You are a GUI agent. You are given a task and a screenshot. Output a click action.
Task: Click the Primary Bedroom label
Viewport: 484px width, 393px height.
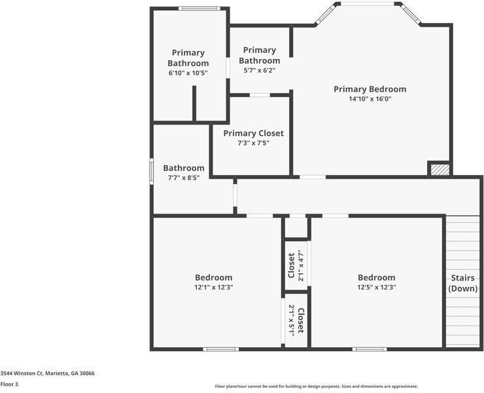tap(370, 89)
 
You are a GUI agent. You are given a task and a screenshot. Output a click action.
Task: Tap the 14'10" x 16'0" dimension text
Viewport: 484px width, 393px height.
tap(370, 100)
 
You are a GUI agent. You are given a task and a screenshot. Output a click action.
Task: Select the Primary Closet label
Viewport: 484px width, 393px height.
tap(253, 133)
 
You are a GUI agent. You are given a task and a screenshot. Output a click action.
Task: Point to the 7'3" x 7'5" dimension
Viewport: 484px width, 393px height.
tap(253, 143)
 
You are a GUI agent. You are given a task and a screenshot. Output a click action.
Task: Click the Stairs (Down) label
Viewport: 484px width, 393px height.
tap(462, 283)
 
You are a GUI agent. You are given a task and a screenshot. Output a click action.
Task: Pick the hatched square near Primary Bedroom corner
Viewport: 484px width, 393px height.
tap(440, 169)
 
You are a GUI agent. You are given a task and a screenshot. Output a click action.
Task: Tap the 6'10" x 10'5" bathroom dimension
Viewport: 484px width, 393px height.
tap(188, 73)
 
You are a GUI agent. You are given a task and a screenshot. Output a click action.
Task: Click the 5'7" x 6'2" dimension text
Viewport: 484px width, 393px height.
tap(259, 70)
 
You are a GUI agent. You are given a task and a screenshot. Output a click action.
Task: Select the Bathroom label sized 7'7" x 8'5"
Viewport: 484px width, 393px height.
tap(184, 168)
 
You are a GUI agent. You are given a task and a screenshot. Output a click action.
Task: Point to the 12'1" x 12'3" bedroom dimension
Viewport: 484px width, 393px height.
tap(213, 287)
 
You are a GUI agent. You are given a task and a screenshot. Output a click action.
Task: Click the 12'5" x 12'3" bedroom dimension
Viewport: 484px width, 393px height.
tap(376, 287)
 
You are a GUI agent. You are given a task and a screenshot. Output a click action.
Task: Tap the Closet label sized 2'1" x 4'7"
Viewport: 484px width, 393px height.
tap(292, 265)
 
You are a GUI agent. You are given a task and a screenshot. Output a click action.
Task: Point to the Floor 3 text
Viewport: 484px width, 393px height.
tap(9, 384)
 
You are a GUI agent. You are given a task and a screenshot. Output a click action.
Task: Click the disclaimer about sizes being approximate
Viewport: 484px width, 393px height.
tap(316, 386)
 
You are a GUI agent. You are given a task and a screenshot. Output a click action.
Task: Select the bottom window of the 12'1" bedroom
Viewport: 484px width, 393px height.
tap(220, 349)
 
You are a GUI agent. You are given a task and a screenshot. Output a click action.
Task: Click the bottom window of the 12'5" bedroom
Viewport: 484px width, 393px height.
tap(370, 349)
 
